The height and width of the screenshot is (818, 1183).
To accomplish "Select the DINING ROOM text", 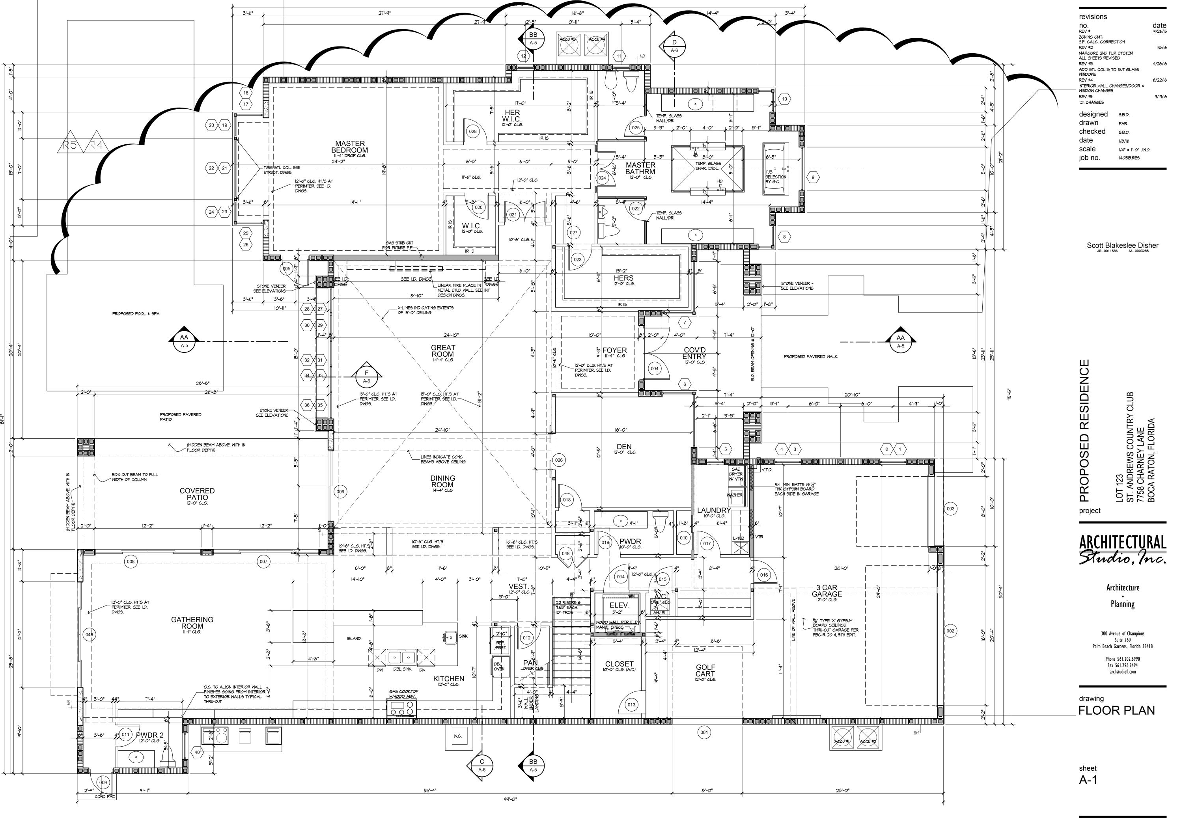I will (442, 481).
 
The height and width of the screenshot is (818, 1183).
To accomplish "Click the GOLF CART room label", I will (705, 671).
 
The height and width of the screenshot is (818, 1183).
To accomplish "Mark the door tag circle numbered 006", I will (340, 492).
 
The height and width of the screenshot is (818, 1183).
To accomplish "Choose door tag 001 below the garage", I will (704, 732).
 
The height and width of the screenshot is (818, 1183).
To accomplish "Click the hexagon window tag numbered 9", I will (812, 178).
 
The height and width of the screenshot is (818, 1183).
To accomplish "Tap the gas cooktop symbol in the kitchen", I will (402, 709).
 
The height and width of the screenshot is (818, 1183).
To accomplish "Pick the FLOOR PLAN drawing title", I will (1116, 710).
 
